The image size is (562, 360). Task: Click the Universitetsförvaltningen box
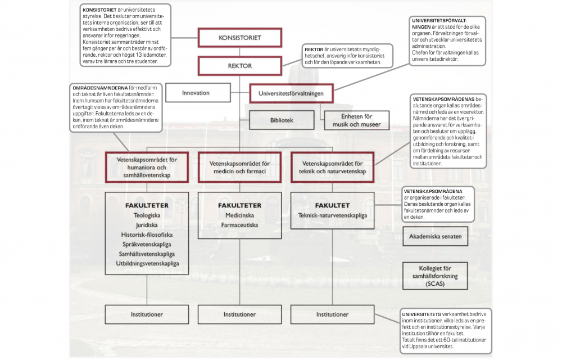pyautogui.click(x=291, y=93)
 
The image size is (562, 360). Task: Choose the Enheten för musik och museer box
pyautogui.click(x=356, y=120)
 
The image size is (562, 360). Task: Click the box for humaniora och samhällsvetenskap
pyautogui.click(x=147, y=168)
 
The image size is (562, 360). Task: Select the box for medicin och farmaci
pyautogui.click(x=240, y=168)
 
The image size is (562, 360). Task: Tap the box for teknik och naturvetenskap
pyautogui.click(x=333, y=168)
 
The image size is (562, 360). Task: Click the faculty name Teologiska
pyautogui.click(x=147, y=215)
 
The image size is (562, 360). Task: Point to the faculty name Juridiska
pyautogui.click(x=147, y=225)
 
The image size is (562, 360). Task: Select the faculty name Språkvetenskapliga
pyautogui.click(x=147, y=244)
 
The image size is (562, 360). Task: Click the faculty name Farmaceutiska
pyautogui.click(x=240, y=225)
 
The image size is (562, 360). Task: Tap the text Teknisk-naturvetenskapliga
pyautogui.click(x=333, y=215)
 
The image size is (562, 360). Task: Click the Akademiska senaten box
pyautogui.click(x=436, y=236)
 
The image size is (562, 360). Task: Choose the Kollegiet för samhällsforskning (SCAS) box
pyautogui.click(x=436, y=276)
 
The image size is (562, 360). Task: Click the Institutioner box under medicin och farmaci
pyautogui.click(x=240, y=314)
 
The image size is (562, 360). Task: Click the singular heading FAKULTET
pyautogui.click(x=332, y=205)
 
